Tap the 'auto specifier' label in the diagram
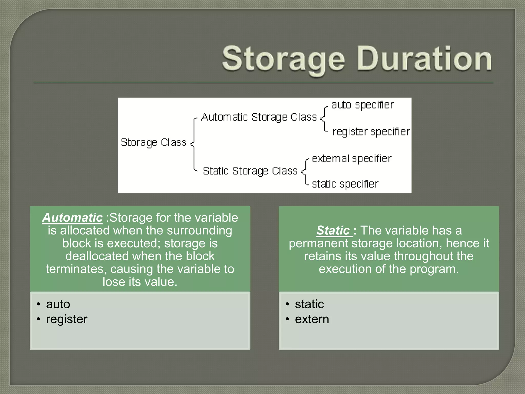tap(362, 105)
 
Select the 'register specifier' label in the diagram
tap(371, 132)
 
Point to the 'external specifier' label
tap(351, 159)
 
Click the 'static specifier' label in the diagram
tap(345, 184)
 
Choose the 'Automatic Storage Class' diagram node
tap(259, 117)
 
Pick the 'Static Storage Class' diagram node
tap(250, 171)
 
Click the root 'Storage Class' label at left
tap(153, 143)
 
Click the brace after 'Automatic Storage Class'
tap(324, 119)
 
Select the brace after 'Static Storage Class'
tap(305, 171)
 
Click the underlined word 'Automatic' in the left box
tap(72, 218)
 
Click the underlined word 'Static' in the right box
tap(333, 230)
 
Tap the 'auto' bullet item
tap(58, 304)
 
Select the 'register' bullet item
tap(67, 319)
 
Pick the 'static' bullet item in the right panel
tap(309, 304)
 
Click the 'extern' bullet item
tap(312, 319)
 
